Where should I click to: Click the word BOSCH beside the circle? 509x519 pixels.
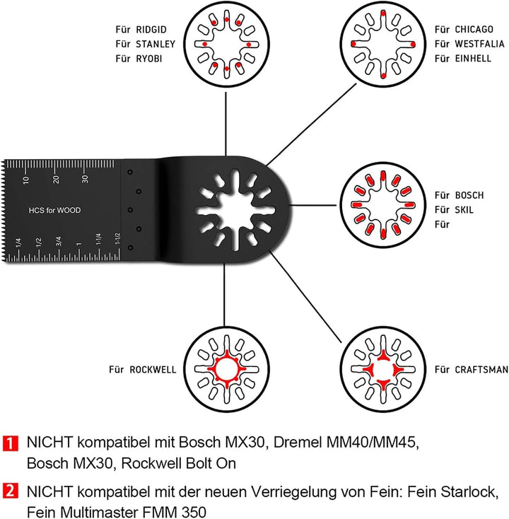pyautogui.click(x=471, y=194)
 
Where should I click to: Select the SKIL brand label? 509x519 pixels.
pyautogui.click(x=466, y=210)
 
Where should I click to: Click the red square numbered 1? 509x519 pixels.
pyautogui.click(x=12, y=444)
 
